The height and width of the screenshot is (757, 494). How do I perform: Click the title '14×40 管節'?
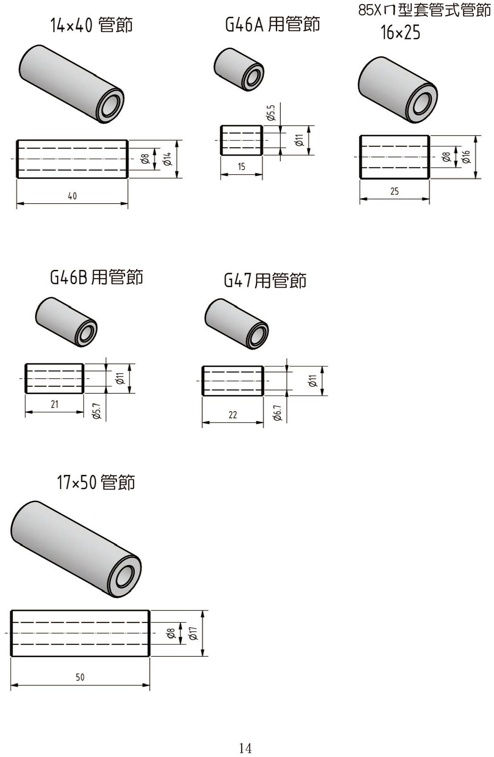[92, 25]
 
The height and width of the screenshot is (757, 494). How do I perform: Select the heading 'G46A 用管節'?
[272, 24]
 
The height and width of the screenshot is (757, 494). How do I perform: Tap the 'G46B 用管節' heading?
[97, 277]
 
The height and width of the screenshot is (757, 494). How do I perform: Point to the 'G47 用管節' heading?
[265, 280]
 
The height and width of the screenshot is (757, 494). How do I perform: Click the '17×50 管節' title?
[96, 482]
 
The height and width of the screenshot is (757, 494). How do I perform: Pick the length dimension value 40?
[72, 196]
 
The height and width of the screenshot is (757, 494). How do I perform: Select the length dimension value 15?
[241, 167]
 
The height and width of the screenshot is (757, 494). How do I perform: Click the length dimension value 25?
[394, 191]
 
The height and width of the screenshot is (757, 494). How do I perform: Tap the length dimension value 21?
[54, 404]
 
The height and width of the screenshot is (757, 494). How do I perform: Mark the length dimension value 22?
[232, 415]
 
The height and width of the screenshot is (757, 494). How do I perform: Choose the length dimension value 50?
[80, 677]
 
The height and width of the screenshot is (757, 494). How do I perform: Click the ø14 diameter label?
[168, 159]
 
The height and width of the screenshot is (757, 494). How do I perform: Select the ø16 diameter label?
[466, 157]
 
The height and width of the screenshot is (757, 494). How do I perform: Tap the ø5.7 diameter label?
[97, 411]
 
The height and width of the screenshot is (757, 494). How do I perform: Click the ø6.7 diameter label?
[278, 413]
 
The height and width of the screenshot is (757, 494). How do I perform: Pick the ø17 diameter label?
[193, 633]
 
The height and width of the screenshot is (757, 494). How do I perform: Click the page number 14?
[245, 748]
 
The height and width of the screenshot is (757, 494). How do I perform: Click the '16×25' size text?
[401, 33]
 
